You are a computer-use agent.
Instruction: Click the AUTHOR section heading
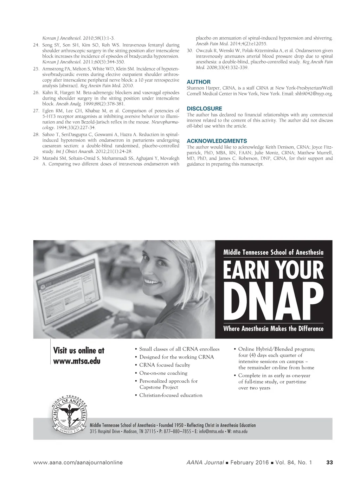click(x=199, y=82)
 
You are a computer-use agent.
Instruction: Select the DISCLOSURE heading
click(x=204, y=109)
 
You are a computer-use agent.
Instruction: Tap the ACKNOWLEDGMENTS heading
click(x=217, y=141)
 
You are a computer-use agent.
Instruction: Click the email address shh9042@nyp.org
click(x=314, y=94)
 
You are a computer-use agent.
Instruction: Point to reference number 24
click(x=36, y=45)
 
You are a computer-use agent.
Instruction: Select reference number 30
click(x=190, y=51)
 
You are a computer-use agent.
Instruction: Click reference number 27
click(x=36, y=111)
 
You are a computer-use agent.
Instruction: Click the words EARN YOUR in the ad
click(x=273, y=270)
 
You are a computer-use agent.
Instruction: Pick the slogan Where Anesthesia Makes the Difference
click(x=273, y=329)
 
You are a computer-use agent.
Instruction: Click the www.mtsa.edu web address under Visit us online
click(x=77, y=361)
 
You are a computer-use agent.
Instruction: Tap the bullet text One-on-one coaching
click(x=163, y=373)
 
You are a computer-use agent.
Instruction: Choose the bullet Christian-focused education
click(x=171, y=395)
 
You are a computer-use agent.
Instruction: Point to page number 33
click(x=329, y=463)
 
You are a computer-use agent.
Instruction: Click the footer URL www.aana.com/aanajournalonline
click(x=78, y=463)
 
